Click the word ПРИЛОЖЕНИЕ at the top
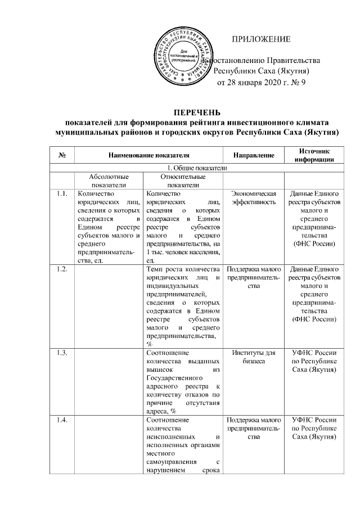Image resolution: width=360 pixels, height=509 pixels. pos(262,39)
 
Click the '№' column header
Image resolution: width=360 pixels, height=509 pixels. pos(61,155)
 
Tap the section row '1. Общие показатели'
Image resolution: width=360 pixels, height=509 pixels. pos(195,168)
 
